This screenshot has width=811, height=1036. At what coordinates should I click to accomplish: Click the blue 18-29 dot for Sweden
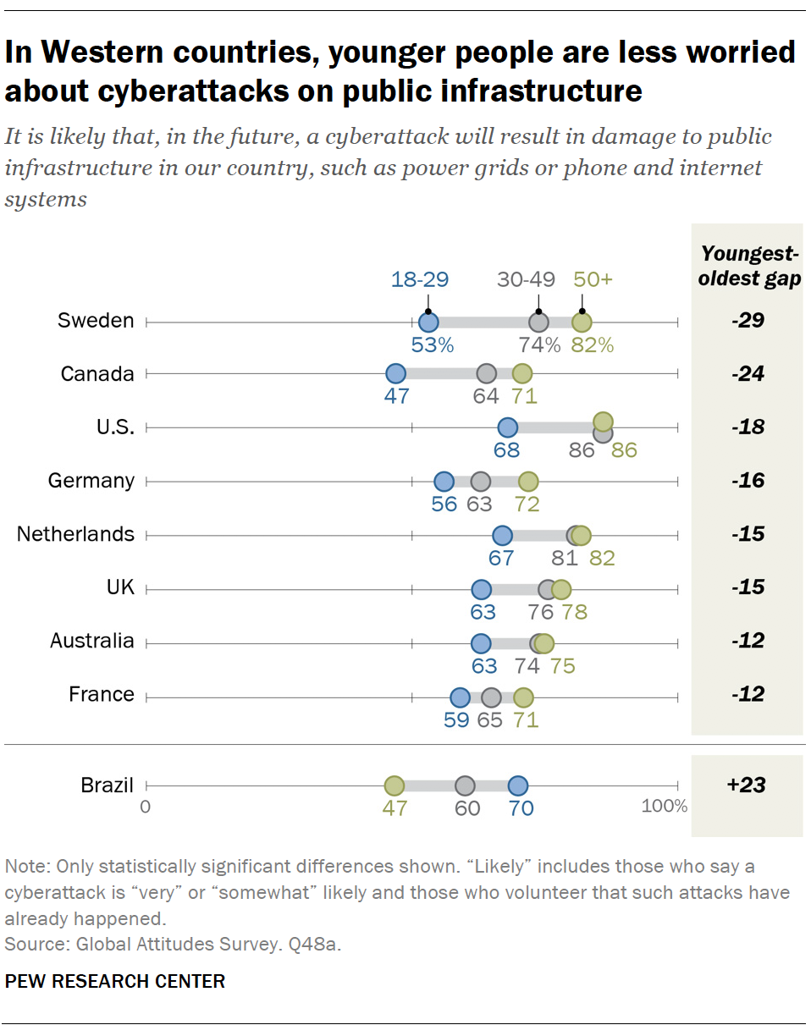pyautogui.click(x=428, y=322)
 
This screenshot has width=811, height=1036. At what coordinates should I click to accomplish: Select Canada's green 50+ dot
pyautogui.click(x=522, y=374)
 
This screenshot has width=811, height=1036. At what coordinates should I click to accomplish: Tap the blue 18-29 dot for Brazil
pyautogui.click(x=518, y=785)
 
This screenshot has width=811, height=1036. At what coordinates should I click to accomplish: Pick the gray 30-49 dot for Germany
pyautogui.click(x=481, y=482)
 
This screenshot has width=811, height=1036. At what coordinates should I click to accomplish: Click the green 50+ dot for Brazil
pyautogui.click(x=394, y=785)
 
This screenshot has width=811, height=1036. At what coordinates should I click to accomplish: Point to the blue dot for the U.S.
pyautogui.click(x=507, y=427)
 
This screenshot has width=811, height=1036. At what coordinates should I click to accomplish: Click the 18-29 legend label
pyautogui.click(x=419, y=280)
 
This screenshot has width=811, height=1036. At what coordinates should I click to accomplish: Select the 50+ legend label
pyautogui.click(x=592, y=280)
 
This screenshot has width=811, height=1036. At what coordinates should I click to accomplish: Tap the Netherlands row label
pyautogui.click(x=75, y=534)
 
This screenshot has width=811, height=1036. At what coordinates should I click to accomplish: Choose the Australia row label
pyautogui.click(x=91, y=641)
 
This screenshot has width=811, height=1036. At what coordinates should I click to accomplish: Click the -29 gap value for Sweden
pyautogui.click(x=748, y=321)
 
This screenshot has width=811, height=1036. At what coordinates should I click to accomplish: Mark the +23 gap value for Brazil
pyautogui.click(x=746, y=785)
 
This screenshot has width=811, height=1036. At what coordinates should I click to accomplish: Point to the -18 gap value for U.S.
pyautogui.click(x=748, y=427)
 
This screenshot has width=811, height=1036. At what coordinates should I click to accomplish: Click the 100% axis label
pyautogui.click(x=664, y=806)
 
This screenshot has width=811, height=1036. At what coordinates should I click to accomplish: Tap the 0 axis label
pyautogui.click(x=146, y=806)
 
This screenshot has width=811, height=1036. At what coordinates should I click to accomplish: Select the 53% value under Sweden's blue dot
pyautogui.click(x=433, y=345)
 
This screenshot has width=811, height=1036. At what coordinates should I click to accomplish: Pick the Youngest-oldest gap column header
pyautogui.click(x=750, y=267)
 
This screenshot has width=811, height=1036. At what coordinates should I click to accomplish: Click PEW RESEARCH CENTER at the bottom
pyautogui.click(x=115, y=982)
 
